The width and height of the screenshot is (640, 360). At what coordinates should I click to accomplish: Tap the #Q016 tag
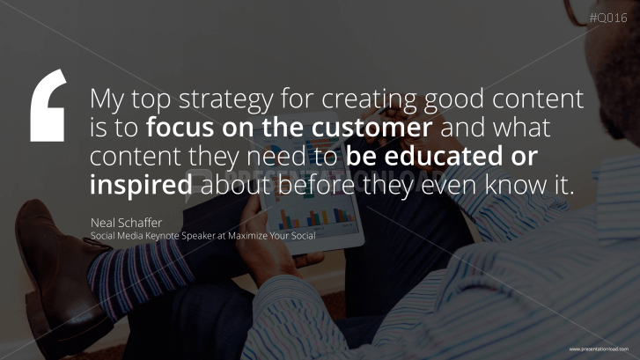point(608,18)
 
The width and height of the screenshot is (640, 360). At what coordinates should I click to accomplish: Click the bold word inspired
point(141,186)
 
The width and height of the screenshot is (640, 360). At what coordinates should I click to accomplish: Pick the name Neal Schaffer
point(127,222)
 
